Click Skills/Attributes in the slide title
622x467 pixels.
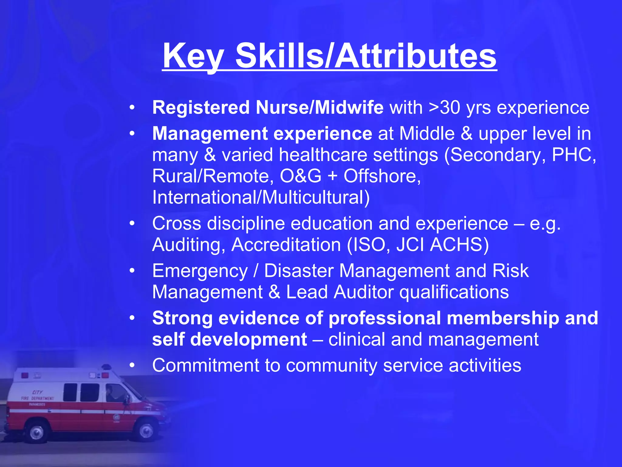click(x=366, y=56)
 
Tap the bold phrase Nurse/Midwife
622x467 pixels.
click(x=320, y=108)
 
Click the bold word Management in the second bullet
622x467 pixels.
click(x=210, y=134)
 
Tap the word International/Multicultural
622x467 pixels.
click(x=261, y=197)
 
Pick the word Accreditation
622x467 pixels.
click(x=286, y=245)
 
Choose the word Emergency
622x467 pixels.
click(x=200, y=271)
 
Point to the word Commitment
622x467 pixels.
click(x=206, y=365)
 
